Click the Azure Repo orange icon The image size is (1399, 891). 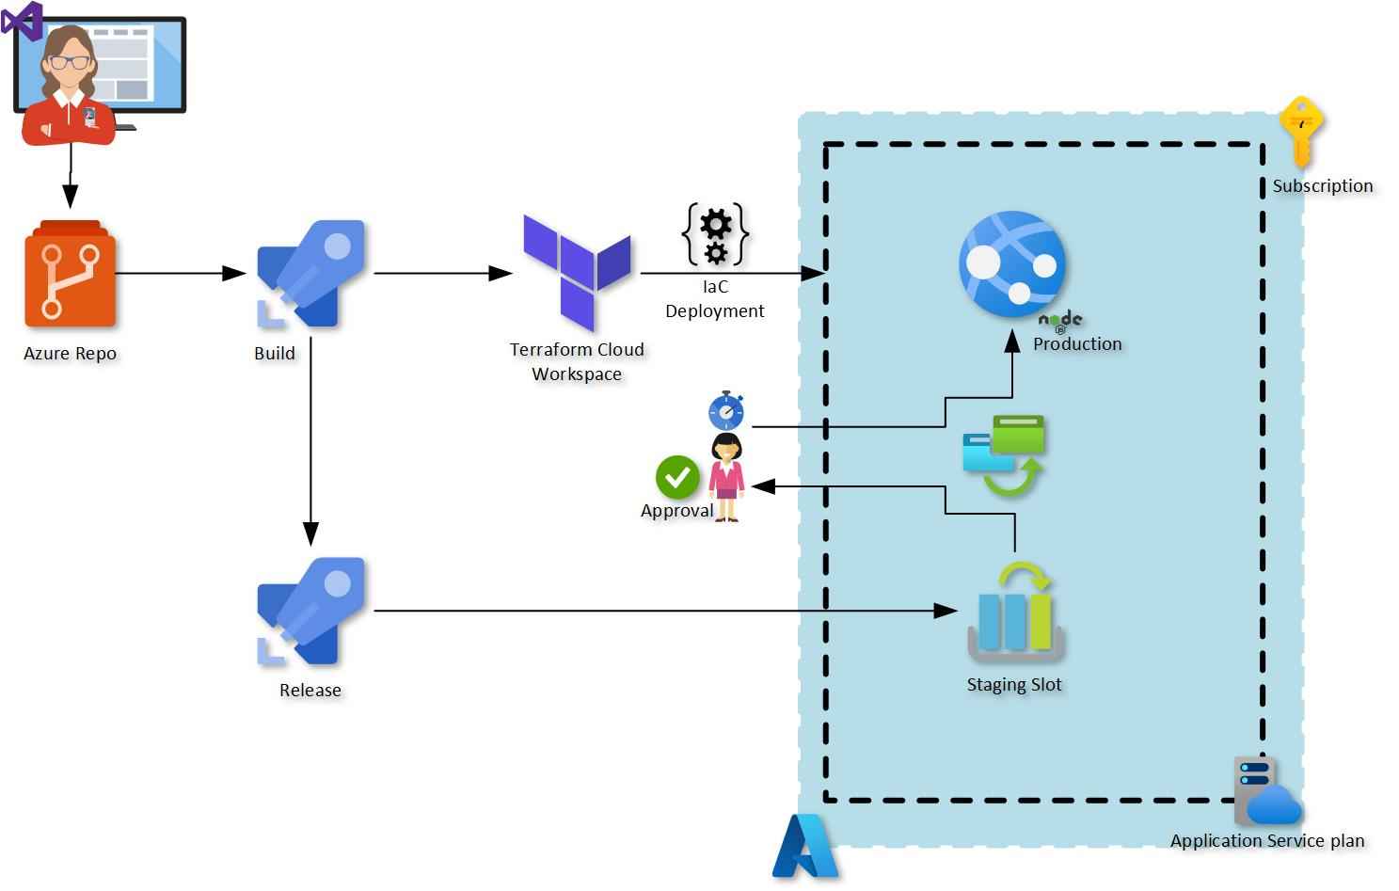pos(71,275)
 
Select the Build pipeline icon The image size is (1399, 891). pos(310,274)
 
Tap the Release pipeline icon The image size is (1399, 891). pos(310,612)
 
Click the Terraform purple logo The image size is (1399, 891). pos(577,271)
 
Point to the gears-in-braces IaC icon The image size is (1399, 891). pos(715,234)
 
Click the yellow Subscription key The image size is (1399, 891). pos(1301,130)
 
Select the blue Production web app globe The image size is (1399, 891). pos(1012,263)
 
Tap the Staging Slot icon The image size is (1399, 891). pos(1015,613)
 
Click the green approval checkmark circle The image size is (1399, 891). pos(677,477)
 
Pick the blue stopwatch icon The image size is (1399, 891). pos(726,411)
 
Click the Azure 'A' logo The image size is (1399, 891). pos(805,846)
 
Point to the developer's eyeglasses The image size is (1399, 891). pos(71,63)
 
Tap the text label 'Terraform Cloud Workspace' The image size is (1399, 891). pos(577,361)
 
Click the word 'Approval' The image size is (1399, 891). pos(676,511)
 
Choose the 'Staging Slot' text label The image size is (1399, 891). pos(1014,685)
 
